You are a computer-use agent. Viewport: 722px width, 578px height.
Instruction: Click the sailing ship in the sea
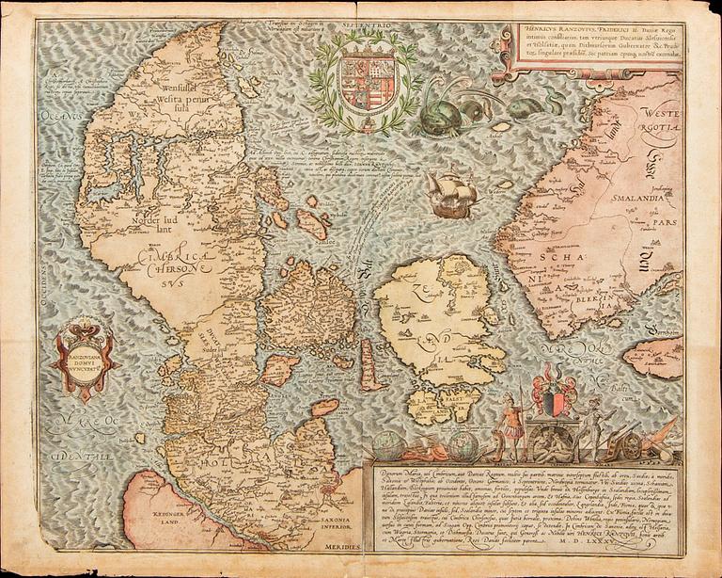tap(449, 193)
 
